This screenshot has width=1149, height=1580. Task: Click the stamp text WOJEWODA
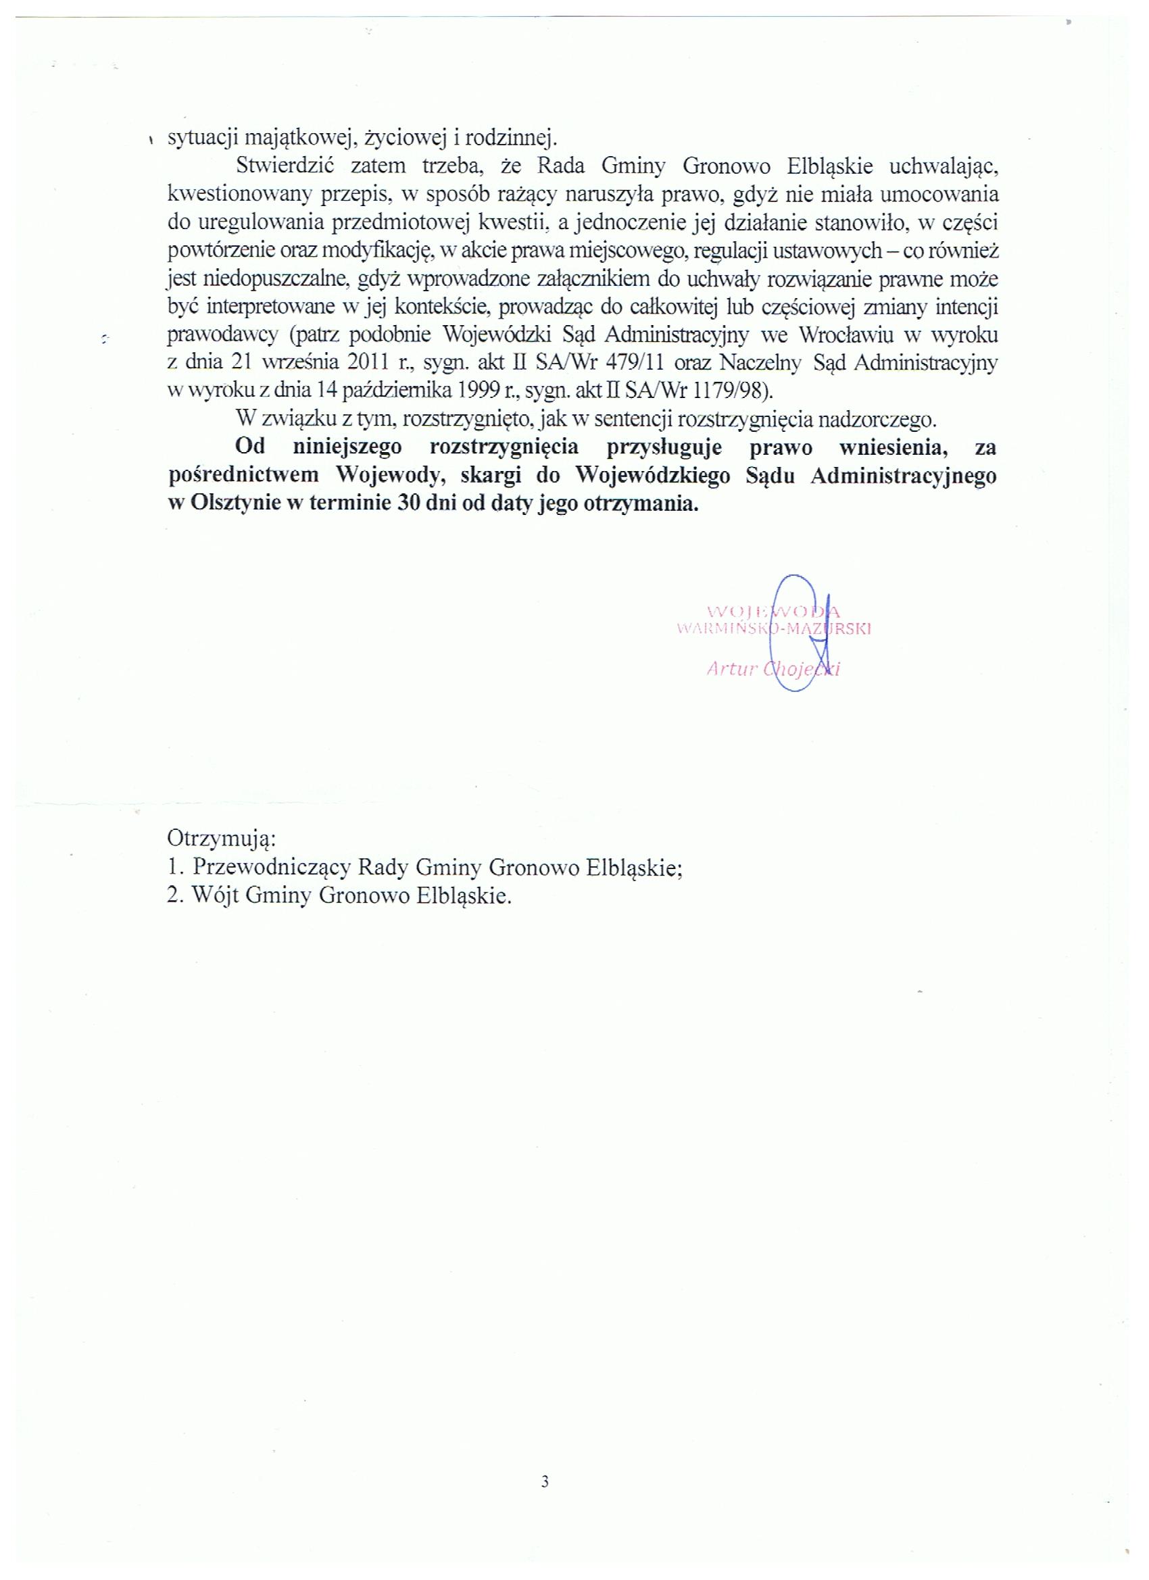tap(773, 612)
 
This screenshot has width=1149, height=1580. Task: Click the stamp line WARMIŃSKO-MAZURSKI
tap(775, 628)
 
